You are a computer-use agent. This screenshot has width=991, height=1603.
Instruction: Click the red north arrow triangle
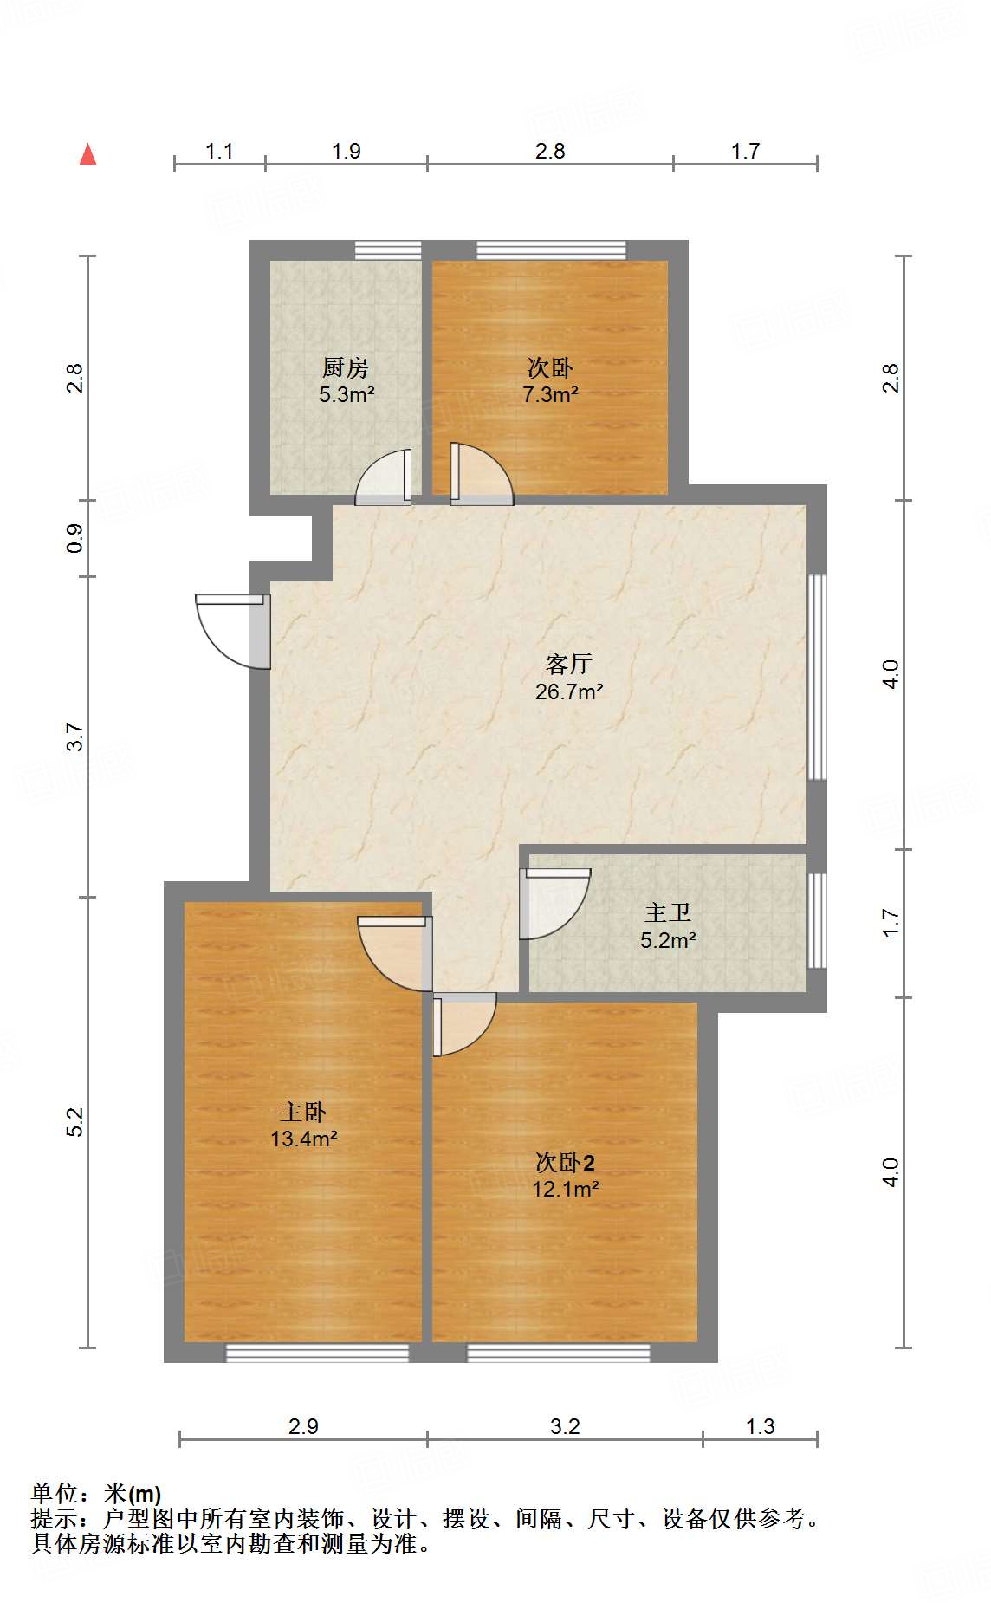pos(87,155)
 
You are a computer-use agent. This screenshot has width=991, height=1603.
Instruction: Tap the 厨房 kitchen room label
pos(345,368)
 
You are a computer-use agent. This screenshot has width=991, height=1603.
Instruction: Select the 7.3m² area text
pos(550,395)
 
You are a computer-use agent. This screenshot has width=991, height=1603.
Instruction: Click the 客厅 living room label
pos(569,665)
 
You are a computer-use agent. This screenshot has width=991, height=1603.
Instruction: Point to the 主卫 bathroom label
pos(668,913)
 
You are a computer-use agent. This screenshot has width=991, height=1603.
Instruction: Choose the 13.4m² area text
pos(303,1139)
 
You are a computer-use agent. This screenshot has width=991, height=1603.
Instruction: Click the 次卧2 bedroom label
pos(565,1163)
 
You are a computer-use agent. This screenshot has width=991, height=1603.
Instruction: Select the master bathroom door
pos(554,903)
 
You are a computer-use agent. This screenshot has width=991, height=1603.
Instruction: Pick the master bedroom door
pos(394,953)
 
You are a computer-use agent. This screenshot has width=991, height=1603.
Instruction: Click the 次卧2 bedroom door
pos(463,1022)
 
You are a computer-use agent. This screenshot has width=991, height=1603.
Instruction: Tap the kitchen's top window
pos(388,250)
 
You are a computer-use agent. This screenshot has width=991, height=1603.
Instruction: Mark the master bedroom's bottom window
pos(317,1353)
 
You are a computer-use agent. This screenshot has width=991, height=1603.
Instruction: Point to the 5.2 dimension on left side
pos(75,1121)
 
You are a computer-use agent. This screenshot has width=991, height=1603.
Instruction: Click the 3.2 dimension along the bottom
pos(565,1426)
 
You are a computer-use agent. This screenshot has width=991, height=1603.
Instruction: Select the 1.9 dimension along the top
pos(346,152)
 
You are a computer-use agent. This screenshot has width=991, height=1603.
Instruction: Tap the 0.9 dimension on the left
pos(75,538)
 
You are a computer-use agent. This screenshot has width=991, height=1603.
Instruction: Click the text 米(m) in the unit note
pos(133,1494)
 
